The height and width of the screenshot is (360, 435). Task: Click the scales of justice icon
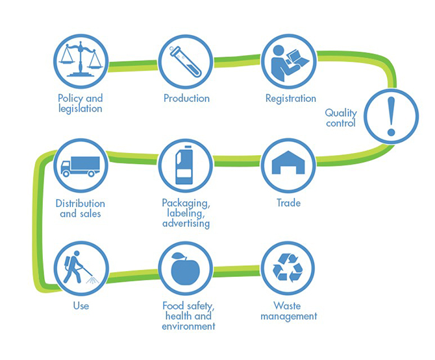[x=81, y=59]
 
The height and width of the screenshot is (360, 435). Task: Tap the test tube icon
[x=185, y=61]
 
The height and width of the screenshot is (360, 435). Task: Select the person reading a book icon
[x=289, y=63]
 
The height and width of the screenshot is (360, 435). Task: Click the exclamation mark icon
[x=391, y=116]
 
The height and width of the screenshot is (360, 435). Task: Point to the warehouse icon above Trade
[x=288, y=162]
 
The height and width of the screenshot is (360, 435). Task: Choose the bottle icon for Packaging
[x=184, y=165]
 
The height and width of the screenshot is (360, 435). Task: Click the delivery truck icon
[x=81, y=166]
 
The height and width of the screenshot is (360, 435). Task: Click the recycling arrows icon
[x=288, y=268]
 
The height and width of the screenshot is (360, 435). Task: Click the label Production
[x=186, y=98]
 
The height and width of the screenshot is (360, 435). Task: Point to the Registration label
[x=290, y=99]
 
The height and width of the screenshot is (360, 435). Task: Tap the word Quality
[x=341, y=113]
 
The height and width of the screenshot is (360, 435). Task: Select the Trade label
[x=288, y=203]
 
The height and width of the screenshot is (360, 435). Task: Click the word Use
[x=81, y=306]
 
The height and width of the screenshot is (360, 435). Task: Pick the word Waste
[x=287, y=306]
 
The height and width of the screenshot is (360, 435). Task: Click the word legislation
[x=80, y=108]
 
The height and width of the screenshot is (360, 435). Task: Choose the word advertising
[x=186, y=223]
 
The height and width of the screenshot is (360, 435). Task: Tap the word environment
[x=188, y=326]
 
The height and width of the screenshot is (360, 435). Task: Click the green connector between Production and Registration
[x=236, y=61]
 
